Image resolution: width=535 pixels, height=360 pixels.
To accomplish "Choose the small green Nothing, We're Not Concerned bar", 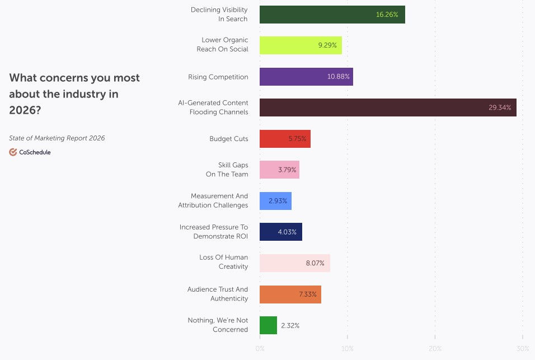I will pos(268,325).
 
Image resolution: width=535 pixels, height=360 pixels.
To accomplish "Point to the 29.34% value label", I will pos(499,107).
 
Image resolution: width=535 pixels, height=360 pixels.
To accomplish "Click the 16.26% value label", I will pos(387,15).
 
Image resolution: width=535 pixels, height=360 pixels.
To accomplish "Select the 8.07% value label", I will pos(315,263).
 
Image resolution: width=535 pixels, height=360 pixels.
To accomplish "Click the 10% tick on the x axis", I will pos(348,349).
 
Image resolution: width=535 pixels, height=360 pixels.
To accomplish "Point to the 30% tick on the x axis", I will pos(522,349).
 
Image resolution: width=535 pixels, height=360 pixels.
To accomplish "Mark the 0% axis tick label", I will pos(260,349).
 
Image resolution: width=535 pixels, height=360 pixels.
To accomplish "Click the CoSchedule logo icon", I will pos(13,152).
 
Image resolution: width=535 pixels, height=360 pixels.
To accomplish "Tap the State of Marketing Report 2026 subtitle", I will pos(57,138).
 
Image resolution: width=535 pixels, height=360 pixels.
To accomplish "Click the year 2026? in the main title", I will pos(25,110).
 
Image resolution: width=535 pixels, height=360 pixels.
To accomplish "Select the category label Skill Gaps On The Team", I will pos(226,170).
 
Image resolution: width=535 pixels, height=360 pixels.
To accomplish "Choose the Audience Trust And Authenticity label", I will pos(217,294).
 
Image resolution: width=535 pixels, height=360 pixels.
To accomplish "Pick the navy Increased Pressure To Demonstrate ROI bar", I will pos(280,232).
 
